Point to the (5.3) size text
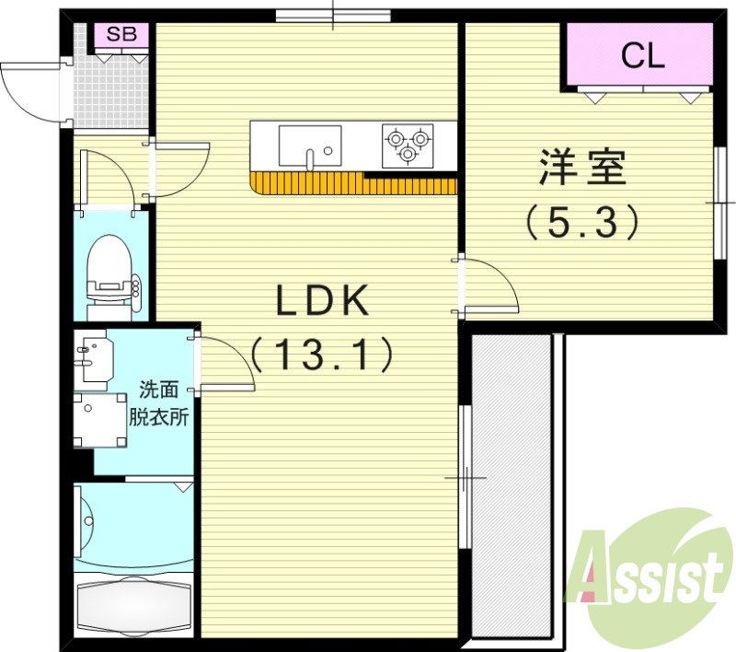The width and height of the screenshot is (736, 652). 581,222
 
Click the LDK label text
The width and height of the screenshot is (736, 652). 323,302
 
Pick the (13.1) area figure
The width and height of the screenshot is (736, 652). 323,353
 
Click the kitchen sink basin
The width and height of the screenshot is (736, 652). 310,146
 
